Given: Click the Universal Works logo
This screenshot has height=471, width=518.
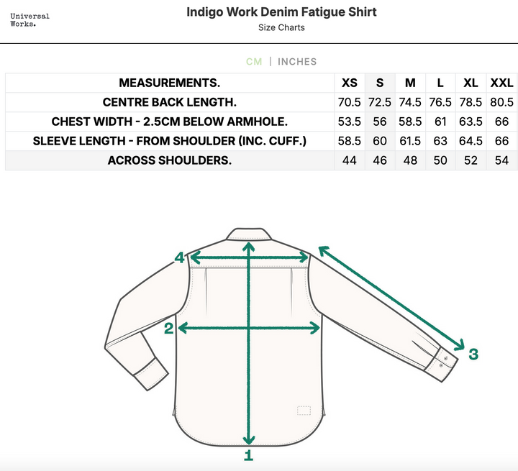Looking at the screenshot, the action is [29, 20].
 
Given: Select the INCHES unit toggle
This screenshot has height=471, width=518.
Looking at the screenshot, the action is [297, 62].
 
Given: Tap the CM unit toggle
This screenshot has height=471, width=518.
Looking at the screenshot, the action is [254, 62].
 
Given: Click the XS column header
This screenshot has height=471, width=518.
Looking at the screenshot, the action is [349, 83].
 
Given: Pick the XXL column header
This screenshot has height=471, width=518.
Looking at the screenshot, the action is [501, 83].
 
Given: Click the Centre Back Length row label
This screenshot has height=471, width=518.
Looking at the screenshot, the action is [170, 102].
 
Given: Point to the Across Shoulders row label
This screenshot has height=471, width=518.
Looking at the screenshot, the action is [170, 160].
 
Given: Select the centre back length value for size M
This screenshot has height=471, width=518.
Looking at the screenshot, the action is [410, 102].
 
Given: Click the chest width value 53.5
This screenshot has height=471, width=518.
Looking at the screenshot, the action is [349, 122].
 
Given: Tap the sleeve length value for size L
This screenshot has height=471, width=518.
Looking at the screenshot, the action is [440, 141].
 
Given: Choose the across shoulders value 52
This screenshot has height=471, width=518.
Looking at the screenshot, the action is [471, 160].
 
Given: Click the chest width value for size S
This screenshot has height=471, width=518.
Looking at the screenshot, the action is [380, 122].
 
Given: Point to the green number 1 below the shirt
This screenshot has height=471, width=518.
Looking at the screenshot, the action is [248, 455].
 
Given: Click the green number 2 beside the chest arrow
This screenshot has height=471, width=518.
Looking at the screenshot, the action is [169, 329].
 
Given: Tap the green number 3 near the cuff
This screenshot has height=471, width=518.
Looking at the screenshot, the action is [473, 354].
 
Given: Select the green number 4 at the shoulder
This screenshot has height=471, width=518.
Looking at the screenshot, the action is [179, 258].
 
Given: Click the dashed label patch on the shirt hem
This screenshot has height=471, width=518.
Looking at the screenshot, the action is [304, 411].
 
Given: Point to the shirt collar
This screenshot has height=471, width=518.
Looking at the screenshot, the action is [249, 234].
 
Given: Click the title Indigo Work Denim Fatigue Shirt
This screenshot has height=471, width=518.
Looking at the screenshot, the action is [281, 12].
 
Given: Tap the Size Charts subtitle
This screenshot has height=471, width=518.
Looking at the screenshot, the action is [281, 28].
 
